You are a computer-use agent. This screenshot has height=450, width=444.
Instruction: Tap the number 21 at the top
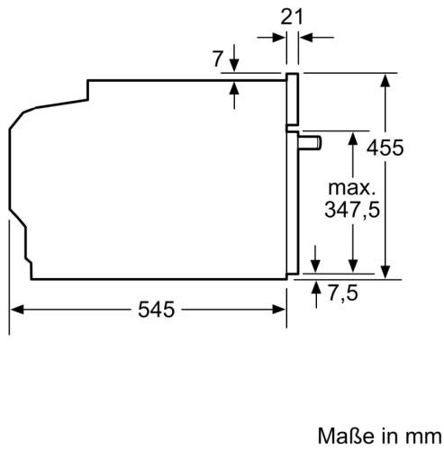pos(290,14)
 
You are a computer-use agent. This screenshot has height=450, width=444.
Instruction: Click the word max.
pos(350,188)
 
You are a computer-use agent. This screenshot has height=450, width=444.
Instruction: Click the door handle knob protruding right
pos(312,141)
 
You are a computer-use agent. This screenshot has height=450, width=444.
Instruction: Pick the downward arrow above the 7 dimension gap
pos(234,66)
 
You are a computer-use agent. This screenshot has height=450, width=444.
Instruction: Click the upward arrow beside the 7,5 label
pos(317,286)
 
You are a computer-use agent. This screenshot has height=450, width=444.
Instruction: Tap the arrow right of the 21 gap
pos(304,37)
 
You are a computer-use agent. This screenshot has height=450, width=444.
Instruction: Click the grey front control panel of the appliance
pos(292,100)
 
